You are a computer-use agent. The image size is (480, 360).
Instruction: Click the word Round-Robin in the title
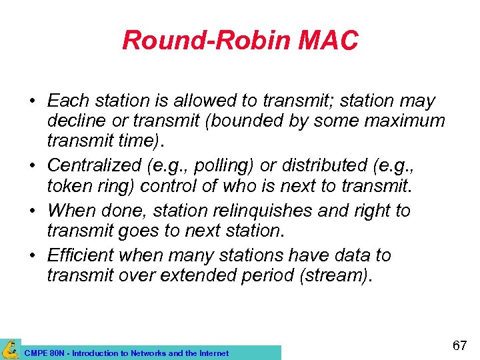pos(205,41)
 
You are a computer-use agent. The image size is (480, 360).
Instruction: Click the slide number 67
pos(459,345)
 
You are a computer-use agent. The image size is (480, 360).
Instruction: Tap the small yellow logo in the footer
pos(11,349)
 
